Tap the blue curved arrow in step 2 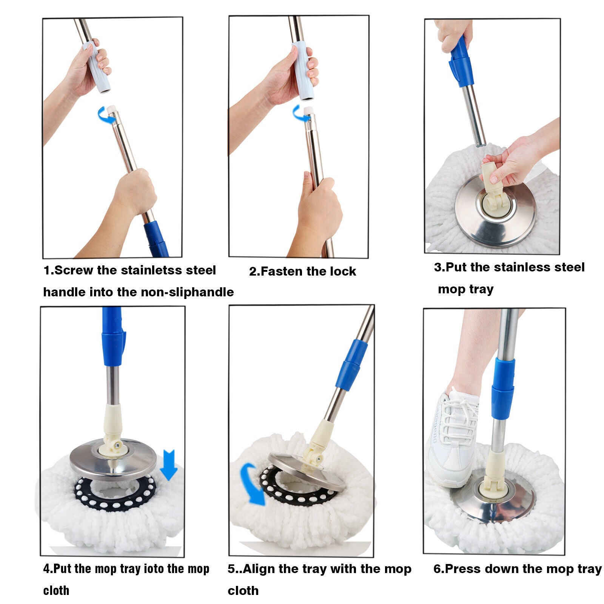[300, 114]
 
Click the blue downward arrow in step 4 [168, 465]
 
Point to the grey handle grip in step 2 [302, 71]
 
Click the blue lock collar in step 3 [461, 62]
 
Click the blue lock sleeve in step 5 [351, 365]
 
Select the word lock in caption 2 [343, 271]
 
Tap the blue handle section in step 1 [156, 238]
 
